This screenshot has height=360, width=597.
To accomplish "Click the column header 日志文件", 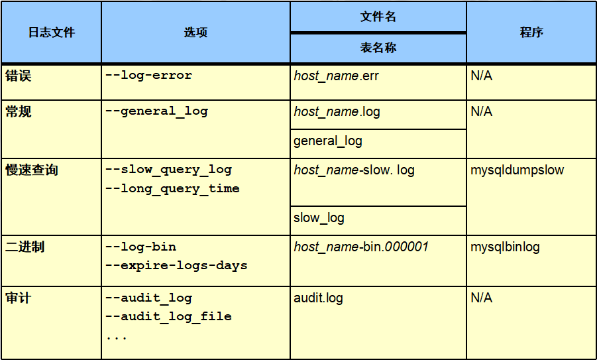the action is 51,32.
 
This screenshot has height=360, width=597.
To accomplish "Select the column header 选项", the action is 195,32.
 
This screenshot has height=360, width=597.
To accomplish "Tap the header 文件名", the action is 378,17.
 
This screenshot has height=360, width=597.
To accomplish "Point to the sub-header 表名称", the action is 378,48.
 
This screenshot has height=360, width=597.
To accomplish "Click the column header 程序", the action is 531,32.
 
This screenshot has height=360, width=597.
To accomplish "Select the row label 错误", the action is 19,76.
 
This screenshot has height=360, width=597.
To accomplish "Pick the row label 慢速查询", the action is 32,170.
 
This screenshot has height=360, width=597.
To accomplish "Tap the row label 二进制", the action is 25,247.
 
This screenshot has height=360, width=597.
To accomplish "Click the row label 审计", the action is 19,298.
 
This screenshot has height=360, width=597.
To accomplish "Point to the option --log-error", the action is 148,76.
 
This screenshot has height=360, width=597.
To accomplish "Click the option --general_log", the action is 156,111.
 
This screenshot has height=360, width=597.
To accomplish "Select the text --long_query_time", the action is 172,188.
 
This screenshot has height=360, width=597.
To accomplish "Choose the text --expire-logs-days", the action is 176,265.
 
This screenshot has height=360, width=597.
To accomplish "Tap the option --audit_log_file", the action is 168,316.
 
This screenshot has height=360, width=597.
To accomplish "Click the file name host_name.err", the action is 337,76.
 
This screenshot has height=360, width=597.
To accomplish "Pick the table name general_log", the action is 328,141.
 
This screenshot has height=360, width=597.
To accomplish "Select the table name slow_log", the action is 319,217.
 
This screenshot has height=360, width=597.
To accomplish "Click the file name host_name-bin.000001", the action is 361,247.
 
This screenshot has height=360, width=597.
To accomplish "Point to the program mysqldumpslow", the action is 517,170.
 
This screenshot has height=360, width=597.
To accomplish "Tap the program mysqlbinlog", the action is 505,247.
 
